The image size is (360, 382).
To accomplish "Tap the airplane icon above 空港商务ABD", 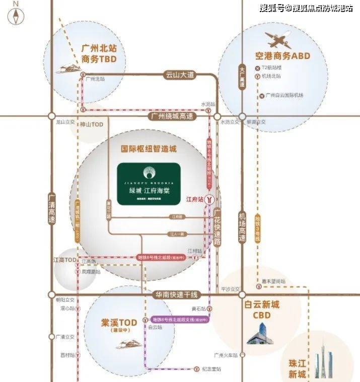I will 278,40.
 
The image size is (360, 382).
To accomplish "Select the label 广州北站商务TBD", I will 98,54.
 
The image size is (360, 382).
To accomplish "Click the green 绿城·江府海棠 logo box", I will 149,184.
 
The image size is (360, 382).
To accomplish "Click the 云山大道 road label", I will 180,75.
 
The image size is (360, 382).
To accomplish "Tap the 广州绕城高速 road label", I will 171,116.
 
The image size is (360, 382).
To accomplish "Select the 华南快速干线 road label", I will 177,295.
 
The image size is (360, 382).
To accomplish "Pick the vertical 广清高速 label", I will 51,207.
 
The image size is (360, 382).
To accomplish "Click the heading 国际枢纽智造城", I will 149,149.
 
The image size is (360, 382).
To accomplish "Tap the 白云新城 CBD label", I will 261,310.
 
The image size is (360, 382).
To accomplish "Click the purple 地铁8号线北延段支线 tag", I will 180,320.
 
